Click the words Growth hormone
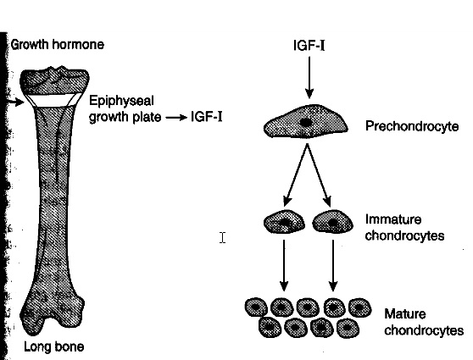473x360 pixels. [x=58, y=45]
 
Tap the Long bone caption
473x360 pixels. [x=53, y=347]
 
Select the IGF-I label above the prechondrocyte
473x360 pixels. [x=309, y=46]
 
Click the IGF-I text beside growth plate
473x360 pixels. [x=207, y=116]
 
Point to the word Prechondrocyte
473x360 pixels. [x=412, y=126]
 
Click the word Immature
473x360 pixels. [x=393, y=219]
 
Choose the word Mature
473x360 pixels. [x=405, y=314]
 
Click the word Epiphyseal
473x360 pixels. [x=121, y=101]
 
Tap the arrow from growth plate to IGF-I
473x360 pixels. [x=177, y=117]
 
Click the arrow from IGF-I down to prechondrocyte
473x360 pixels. [x=309, y=78]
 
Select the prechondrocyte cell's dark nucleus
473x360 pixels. [x=305, y=123]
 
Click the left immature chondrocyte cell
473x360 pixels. [x=284, y=222]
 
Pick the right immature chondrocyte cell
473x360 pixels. [x=333, y=222]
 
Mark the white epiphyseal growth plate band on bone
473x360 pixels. [x=53, y=99]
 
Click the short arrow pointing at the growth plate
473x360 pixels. [x=16, y=102]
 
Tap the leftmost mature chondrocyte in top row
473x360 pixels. [x=256, y=307]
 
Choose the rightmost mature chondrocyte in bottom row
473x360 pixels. [x=348, y=327]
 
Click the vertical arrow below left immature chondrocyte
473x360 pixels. [x=284, y=266]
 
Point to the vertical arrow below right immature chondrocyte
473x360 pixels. [x=333, y=266]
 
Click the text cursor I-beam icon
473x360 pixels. [x=223, y=237]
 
